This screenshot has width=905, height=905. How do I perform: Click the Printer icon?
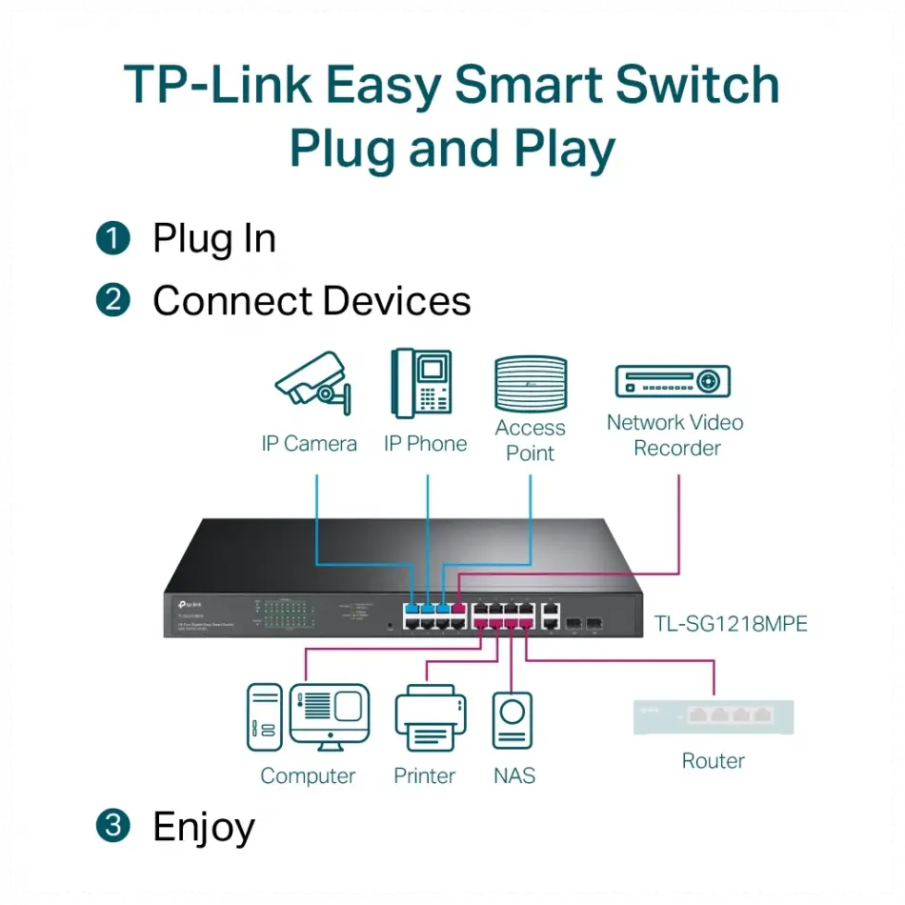click(425, 718)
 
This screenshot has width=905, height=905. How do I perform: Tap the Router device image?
click(714, 717)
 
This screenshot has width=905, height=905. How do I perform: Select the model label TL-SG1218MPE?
click(731, 624)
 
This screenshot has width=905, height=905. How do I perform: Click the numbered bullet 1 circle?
click(112, 238)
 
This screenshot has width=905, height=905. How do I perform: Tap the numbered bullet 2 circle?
click(112, 301)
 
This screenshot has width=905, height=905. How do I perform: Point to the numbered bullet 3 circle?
click(112, 826)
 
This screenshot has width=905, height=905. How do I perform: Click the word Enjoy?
click(204, 827)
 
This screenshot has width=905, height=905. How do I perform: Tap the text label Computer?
click(308, 776)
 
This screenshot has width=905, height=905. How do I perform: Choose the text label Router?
click(714, 760)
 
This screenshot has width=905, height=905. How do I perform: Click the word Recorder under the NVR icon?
click(677, 448)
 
